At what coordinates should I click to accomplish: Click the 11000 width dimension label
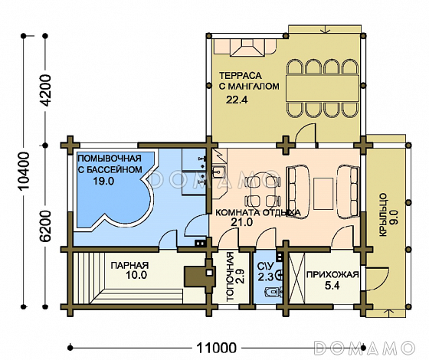tap(216, 349)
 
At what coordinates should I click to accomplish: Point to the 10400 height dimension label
tap(24, 172)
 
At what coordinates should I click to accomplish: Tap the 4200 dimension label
tap(46, 90)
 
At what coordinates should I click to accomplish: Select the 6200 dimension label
tap(46, 226)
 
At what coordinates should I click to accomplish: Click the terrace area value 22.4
tap(237, 100)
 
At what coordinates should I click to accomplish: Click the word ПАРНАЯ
tap(129, 265)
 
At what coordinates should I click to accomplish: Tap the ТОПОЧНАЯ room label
tap(231, 277)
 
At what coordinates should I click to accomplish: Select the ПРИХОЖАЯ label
tap(332, 275)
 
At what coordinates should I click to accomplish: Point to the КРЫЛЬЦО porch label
tap(383, 214)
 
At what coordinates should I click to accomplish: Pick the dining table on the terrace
tap(323, 88)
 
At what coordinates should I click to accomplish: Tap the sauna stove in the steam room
tap(199, 277)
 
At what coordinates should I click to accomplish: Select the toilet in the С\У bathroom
tap(273, 292)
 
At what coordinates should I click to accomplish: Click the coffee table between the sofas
tap(323, 193)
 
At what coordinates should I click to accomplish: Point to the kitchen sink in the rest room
tap(219, 172)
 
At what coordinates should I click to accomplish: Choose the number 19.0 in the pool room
tap(103, 181)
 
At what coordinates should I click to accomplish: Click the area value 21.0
tap(241, 222)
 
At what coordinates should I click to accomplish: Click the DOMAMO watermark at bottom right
tap(363, 348)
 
